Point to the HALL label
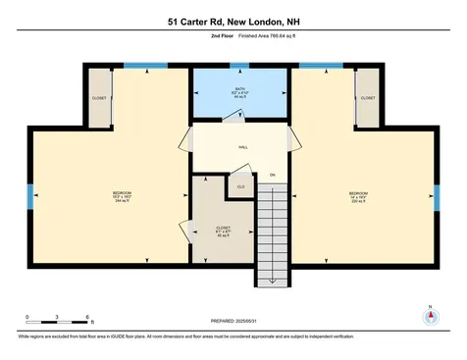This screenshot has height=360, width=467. click(241, 147)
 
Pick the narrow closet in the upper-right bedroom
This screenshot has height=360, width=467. click(368, 98)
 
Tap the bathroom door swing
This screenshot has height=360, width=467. click(233, 116)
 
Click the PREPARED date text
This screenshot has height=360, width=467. click(233, 320)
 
